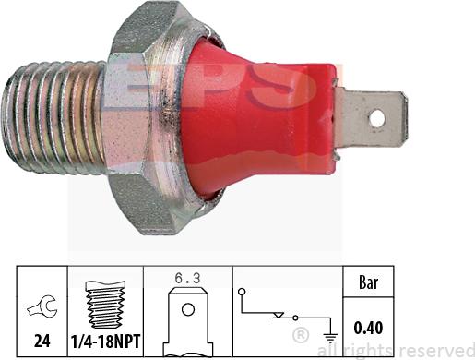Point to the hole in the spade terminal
coord(376,118)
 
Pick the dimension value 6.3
coord(186,274)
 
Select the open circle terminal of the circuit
coord(242,292)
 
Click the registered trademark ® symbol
coord(301,332)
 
